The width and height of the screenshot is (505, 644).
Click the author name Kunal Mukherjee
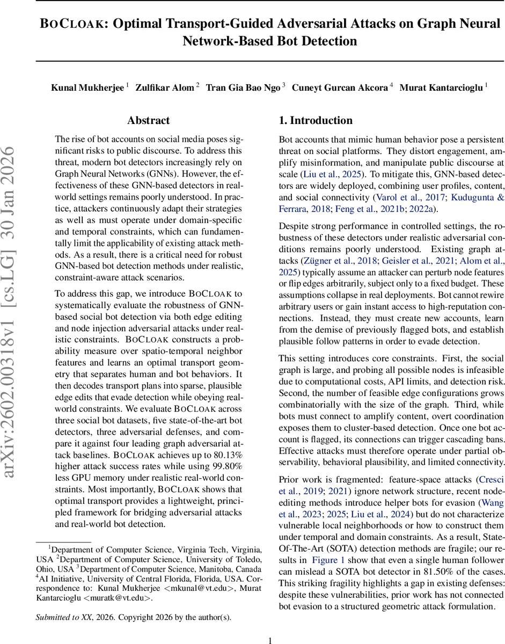[87, 87]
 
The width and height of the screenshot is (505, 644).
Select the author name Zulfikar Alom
[165, 87]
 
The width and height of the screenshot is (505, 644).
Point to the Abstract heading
[148, 120]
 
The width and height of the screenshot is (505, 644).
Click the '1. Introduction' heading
[316, 120]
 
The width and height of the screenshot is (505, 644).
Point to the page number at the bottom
[270, 640]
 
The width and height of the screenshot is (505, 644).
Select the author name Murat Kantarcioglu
[442, 87]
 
